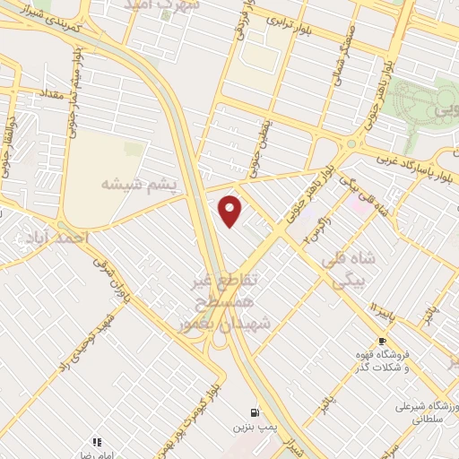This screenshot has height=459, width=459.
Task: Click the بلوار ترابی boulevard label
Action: (x=289, y=27)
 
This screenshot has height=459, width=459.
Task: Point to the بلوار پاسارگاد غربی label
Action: (x=407, y=164)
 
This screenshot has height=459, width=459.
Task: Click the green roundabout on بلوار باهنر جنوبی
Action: (x=351, y=143)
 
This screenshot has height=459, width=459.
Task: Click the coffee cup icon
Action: (x=383, y=342)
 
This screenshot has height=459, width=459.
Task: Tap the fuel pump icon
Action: (x=255, y=412)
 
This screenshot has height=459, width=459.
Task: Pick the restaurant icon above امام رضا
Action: (x=96, y=441)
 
